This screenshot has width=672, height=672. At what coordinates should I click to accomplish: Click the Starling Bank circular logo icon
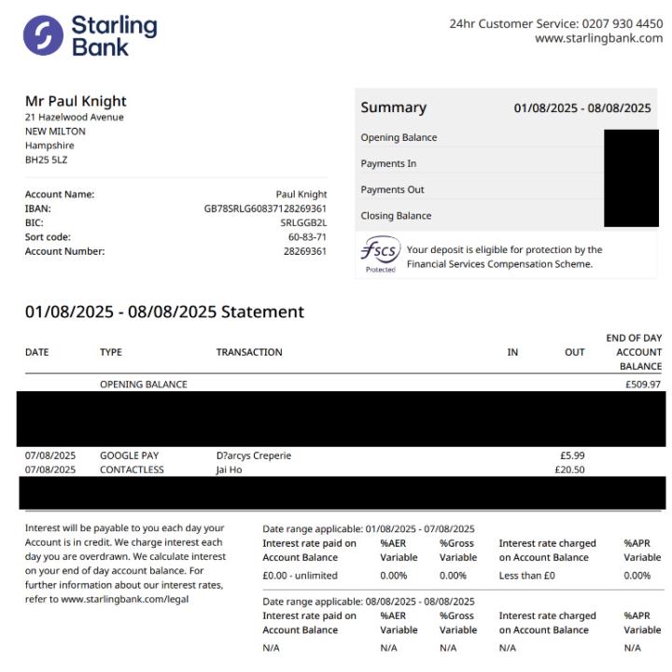43,35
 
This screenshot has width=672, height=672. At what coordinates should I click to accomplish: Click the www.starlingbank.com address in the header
598,38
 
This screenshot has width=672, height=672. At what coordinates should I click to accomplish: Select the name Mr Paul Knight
76,101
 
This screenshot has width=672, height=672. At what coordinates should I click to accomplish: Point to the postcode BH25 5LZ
46,160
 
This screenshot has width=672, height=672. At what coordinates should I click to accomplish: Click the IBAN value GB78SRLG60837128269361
265,208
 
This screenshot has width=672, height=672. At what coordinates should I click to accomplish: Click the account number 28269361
305,250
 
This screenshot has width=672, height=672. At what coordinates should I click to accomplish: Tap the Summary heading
393,107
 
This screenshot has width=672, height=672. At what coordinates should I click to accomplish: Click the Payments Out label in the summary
392,189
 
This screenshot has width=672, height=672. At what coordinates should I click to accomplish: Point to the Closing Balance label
396,216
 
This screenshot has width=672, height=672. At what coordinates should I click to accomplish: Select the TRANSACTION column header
248,352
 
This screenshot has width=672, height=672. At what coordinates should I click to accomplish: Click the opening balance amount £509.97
643,384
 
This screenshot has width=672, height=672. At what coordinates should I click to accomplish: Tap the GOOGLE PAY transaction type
129,455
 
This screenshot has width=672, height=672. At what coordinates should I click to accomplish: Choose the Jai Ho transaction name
229,469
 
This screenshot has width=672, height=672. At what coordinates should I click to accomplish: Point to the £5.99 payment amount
572,455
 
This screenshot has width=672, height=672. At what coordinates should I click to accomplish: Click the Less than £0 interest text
526,575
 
